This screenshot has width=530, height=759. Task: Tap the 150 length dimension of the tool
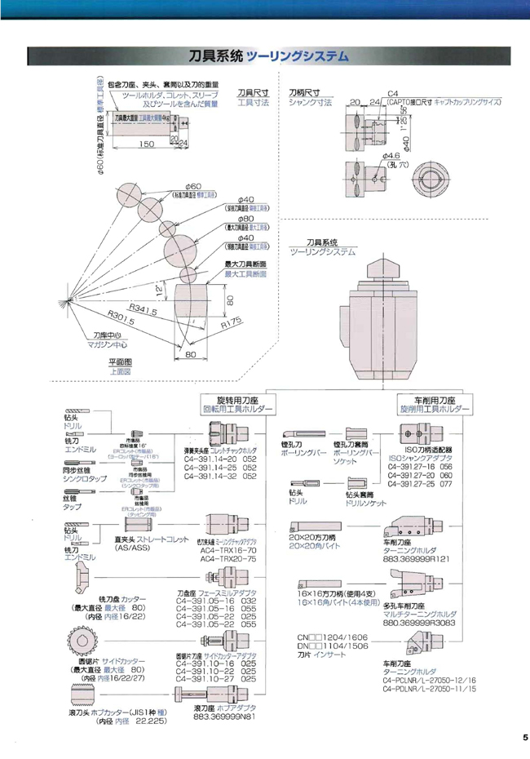[146, 144]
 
